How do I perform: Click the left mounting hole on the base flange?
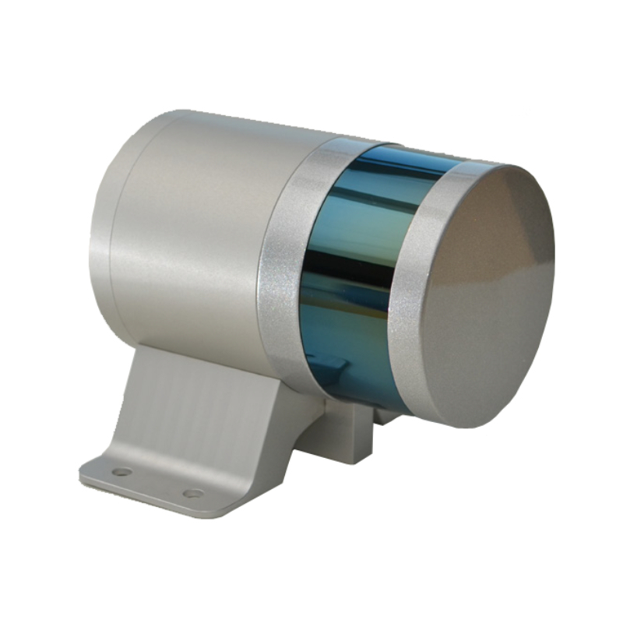[122, 471]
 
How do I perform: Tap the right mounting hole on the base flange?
[192, 493]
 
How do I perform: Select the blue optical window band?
[354, 257]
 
